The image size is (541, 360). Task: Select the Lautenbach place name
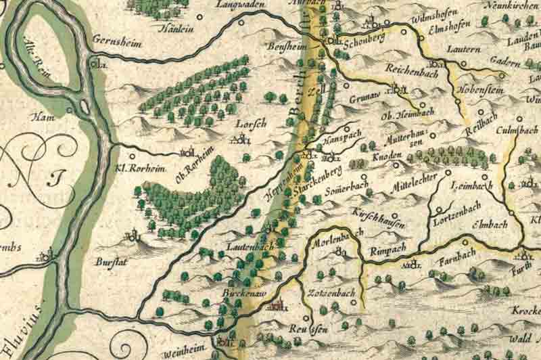[x=250, y=248]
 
